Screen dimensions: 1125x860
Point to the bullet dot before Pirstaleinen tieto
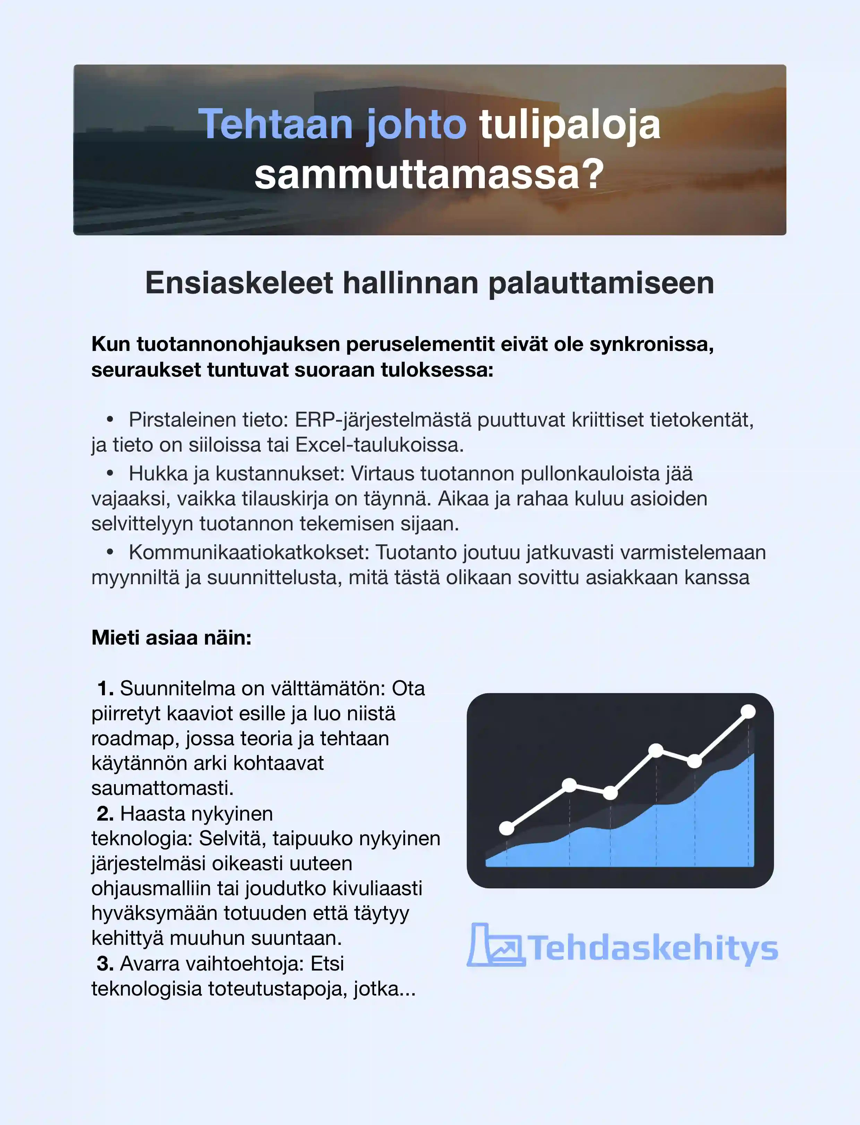point(110,420)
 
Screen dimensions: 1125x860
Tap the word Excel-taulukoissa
point(379,445)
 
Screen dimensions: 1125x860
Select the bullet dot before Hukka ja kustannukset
point(110,473)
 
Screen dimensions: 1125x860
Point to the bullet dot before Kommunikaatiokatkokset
point(110,552)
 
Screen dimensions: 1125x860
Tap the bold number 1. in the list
point(105,689)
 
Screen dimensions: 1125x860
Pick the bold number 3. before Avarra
point(105,964)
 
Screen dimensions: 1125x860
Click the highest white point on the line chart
point(748,712)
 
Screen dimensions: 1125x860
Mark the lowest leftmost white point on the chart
point(506,828)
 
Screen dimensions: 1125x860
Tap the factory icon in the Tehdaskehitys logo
point(495,946)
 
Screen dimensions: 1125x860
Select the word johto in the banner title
point(416,125)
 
